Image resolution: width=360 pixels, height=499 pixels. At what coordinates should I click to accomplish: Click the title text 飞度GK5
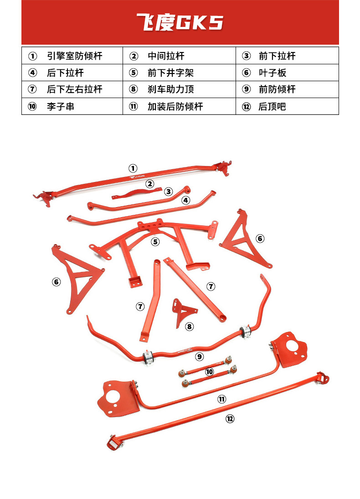click(x=180, y=22)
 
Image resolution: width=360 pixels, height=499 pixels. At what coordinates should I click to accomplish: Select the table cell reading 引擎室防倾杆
click(x=74, y=56)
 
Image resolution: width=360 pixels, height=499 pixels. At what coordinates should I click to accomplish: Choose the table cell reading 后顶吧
click(x=272, y=107)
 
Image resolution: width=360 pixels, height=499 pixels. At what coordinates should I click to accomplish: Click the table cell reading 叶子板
click(x=272, y=73)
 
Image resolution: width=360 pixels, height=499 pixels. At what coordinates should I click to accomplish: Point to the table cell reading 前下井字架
click(x=170, y=73)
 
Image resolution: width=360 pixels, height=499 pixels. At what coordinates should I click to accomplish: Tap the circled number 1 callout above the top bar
click(x=133, y=168)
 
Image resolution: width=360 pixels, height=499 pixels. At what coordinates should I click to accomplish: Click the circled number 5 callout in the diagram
click(x=156, y=242)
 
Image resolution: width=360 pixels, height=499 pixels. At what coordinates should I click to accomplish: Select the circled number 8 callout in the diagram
click(x=190, y=326)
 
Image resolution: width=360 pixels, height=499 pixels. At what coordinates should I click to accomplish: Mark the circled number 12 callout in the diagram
click(x=230, y=418)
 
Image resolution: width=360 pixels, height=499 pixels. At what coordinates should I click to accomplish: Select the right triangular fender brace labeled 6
click(x=244, y=239)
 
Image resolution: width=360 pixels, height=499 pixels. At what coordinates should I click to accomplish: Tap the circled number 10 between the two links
click(x=209, y=372)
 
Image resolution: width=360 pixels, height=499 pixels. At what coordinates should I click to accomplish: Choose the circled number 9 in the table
click(x=246, y=89)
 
